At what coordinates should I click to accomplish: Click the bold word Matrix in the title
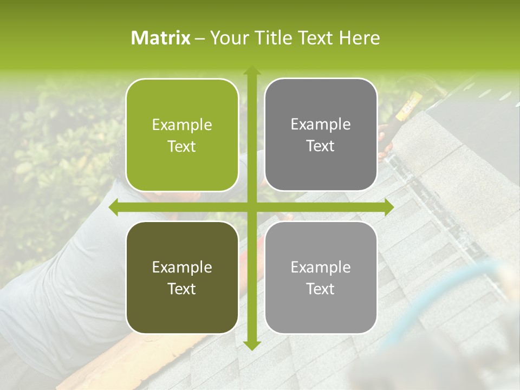point(161,38)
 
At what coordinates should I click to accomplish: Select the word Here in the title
point(360,38)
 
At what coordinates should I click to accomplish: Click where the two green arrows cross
point(251,207)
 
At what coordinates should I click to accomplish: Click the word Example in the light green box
point(182,125)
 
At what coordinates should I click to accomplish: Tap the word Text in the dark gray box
point(321,146)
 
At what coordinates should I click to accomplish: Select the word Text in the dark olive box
point(182,289)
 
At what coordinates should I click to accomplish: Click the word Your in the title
point(227,38)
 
